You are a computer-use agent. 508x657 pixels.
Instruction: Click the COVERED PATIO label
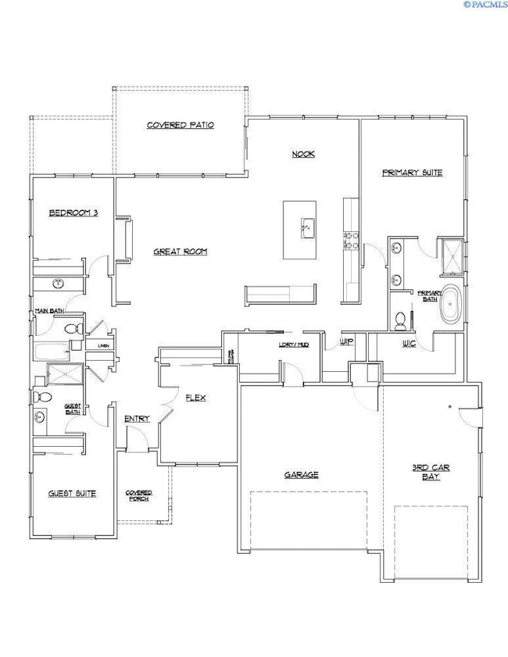181,125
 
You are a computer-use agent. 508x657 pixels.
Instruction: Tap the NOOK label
303,154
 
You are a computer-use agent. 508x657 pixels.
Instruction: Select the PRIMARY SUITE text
412,173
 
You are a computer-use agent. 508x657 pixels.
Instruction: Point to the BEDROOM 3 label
73,212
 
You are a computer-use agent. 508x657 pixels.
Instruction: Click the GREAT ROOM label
180,252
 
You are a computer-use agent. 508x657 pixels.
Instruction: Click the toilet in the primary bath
401,320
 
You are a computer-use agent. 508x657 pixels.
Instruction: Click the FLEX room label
195,398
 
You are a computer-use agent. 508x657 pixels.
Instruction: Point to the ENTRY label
137,419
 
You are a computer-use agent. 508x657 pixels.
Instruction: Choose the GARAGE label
301,474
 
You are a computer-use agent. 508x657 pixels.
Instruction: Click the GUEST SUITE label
72,493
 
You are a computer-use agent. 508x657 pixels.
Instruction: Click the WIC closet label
408,343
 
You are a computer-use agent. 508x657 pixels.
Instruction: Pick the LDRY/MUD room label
291,344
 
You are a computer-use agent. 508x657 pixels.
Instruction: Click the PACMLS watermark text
485,5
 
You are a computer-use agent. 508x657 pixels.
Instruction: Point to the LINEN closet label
102,345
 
